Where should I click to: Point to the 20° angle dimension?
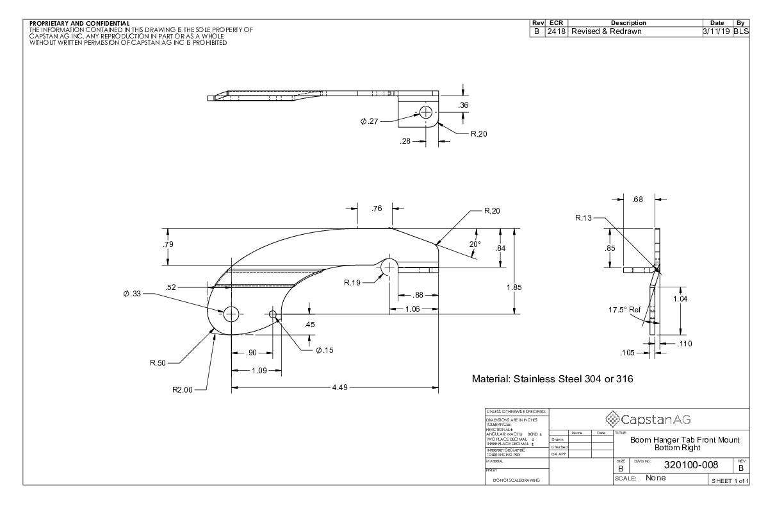coord(475,244)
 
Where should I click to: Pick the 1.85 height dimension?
coord(514,287)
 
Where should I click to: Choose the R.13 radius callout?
coord(584,218)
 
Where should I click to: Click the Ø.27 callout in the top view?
coord(369,122)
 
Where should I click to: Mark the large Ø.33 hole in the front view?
coord(231,314)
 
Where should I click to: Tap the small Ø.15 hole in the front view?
coord(274,314)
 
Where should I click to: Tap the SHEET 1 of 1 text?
coord(728,480)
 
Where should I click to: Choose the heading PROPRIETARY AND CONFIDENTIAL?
coord(80,23)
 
